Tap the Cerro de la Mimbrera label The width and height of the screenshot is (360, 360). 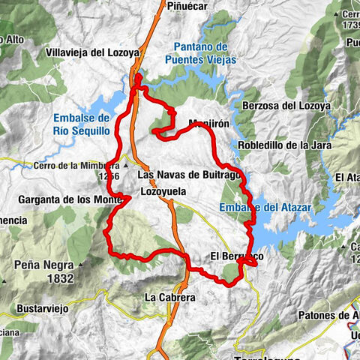click(x=77, y=166)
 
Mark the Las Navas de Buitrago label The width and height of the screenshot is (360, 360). click(x=189, y=175)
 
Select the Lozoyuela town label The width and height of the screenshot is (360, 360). click(x=163, y=192)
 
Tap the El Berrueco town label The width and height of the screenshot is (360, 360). click(x=236, y=256)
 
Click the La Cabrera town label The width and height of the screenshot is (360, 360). click(x=169, y=298)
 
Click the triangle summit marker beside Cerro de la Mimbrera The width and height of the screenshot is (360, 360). click(x=126, y=166)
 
